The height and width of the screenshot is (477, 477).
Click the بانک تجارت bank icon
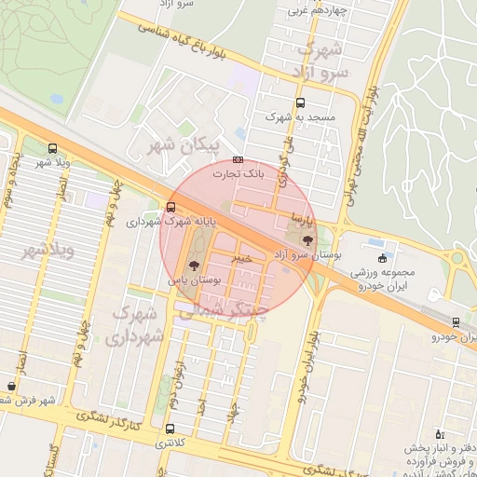coord(238,160)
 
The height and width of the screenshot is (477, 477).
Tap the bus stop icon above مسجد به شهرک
coord(299,103)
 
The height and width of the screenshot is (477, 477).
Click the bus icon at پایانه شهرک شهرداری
coord(170,208)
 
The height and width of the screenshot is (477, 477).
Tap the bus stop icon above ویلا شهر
coord(51,148)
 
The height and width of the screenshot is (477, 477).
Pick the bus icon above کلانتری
coord(169,430)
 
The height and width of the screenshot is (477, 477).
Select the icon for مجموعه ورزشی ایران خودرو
coord(382,258)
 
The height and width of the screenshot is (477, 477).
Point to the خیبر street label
coord(241,260)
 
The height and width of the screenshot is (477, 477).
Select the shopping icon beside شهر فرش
coord(10,386)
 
